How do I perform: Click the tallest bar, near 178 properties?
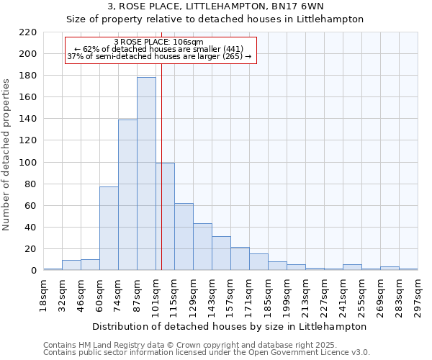[146, 174]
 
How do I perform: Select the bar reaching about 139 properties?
[127, 195]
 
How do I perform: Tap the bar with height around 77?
[109, 228]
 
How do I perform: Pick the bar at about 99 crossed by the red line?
[165, 217]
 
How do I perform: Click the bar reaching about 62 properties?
[184, 237]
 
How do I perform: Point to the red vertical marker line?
[161, 144]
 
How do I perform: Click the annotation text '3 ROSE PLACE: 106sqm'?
[159, 42]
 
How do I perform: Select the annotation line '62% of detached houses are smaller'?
[159, 49]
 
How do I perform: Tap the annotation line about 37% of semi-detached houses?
[159, 56]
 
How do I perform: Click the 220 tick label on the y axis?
[27, 32]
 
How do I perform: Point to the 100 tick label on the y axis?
[27, 163]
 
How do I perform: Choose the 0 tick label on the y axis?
[33, 271]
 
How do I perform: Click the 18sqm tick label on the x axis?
[44, 294]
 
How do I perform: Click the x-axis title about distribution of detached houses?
[230, 326]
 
